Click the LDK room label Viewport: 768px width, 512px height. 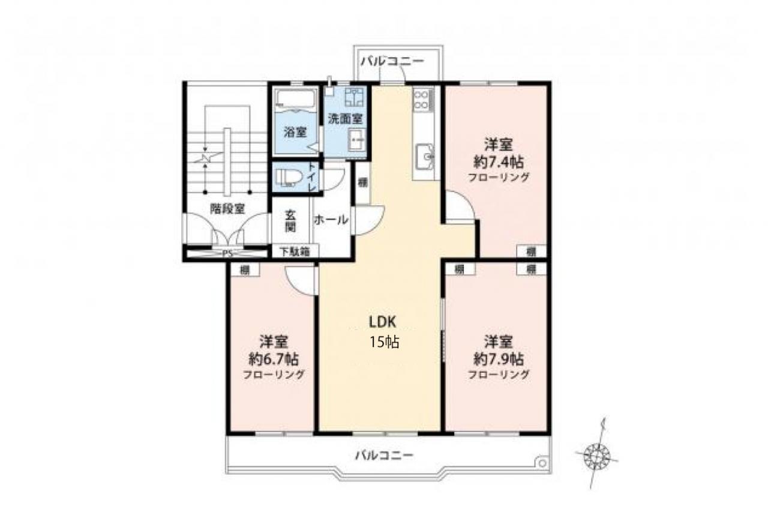(x=383, y=322)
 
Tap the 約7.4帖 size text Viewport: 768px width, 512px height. (x=499, y=162)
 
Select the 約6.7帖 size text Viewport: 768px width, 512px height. (x=273, y=359)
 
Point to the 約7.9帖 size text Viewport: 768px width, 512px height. (x=499, y=359)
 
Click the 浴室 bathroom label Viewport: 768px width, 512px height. (x=295, y=132)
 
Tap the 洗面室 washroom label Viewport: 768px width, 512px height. (x=345, y=119)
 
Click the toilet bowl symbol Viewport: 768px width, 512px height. (x=289, y=178)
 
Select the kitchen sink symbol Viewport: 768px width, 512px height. (x=425, y=157)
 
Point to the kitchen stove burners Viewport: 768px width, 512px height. (x=421, y=99)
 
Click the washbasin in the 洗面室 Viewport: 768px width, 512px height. (x=356, y=140)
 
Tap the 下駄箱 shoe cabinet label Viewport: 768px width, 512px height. (x=295, y=251)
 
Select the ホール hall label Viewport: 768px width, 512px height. (x=331, y=220)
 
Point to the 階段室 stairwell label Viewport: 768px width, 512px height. (x=227, y=208)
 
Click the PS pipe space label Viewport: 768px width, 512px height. (x=227, y=254)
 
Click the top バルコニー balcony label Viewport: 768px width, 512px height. (x=392, y=62)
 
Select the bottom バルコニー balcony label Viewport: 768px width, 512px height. (x=385, y=456)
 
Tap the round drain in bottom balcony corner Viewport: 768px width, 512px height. (x=542, y=463)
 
